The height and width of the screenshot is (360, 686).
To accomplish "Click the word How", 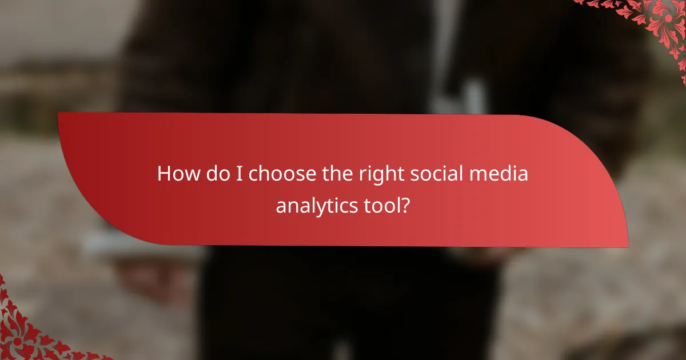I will [x=176, y=174].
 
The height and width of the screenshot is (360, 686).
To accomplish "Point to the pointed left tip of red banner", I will [x=59, y=114].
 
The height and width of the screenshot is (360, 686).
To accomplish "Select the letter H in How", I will [x=163, y=174].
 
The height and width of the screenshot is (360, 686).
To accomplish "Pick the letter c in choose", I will [x=254, y=175].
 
